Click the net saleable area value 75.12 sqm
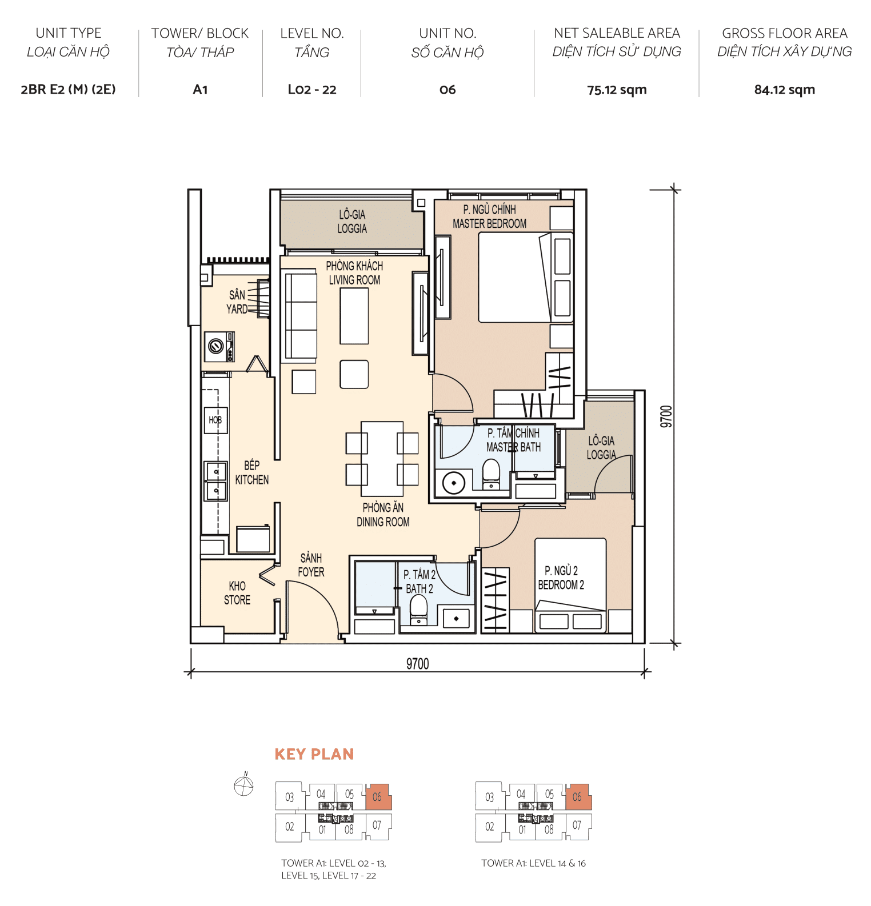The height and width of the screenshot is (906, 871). tap(617, 90)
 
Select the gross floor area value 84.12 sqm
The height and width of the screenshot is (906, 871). tap(784, 90)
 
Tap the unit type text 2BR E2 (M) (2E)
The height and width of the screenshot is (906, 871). tap(68, 89)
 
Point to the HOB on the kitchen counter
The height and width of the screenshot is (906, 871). tap(215, 420)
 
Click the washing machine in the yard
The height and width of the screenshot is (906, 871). tap(219, 346)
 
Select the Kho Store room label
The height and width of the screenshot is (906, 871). tap(237, 593)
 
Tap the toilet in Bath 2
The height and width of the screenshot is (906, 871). tap(419, 610)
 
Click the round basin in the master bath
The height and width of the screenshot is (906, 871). tap(454, 483)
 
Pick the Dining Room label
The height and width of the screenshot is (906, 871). tap(383, 515)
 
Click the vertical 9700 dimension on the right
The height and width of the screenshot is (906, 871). tap(666, 416)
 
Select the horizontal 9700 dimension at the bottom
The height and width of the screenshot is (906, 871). tap(417, 663)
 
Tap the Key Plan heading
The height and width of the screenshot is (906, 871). tap(314, 754)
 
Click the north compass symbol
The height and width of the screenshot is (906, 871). tap(244, 786)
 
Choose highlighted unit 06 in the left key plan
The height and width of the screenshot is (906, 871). tap(378, 797)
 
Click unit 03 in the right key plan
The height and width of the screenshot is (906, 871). tap(489, 797)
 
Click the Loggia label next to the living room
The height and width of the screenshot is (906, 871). tap(352, 222)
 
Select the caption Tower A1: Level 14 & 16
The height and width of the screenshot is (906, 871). tap(533, 863)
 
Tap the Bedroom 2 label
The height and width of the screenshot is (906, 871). tap(561, 578)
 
